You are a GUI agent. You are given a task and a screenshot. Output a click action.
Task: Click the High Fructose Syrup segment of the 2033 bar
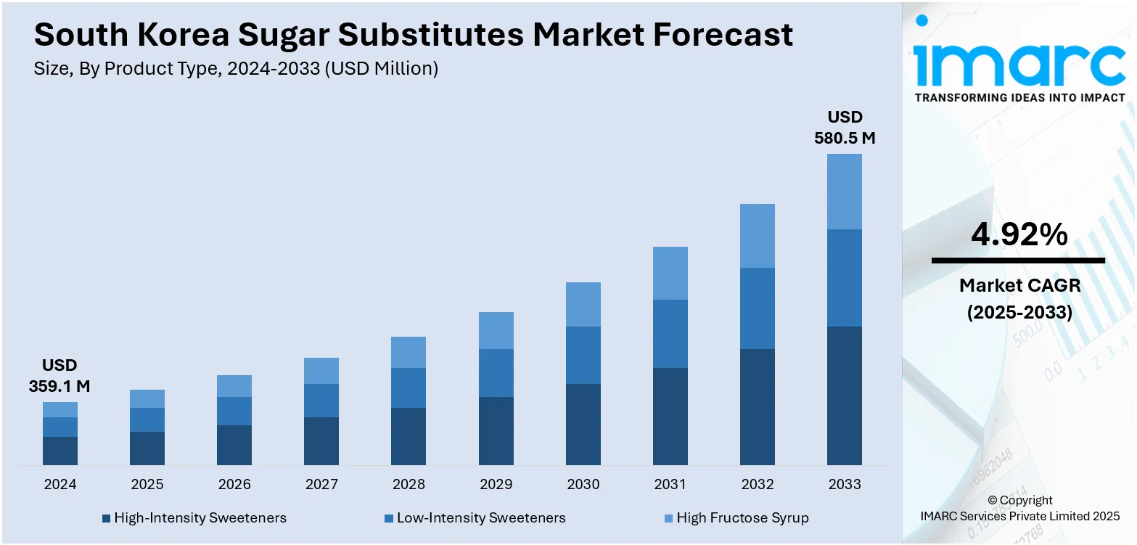point(845,192)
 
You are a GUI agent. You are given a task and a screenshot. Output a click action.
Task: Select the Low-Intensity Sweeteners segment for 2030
point(583,355)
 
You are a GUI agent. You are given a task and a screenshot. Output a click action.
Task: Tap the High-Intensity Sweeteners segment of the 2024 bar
point(60,451)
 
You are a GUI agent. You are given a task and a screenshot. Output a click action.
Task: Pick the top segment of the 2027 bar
point(321,371)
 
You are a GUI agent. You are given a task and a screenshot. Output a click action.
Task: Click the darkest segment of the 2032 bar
point(758,406)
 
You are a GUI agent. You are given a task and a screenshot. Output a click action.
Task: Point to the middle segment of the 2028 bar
point(409,388)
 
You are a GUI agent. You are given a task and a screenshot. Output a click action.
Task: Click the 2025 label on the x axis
point(147,485)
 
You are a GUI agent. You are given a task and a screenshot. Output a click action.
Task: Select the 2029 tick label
point(496,485)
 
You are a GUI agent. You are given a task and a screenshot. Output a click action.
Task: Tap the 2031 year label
point(670,485)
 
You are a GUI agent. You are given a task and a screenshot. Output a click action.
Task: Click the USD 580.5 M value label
point(845,128)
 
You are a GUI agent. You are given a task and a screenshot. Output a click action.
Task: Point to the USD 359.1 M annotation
point(59,376)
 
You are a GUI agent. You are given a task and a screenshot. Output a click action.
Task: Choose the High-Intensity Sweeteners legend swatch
point(106,518)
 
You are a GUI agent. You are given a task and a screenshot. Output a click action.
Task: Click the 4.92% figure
point(1019,235)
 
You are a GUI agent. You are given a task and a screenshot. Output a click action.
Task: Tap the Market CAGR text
point(1019,286)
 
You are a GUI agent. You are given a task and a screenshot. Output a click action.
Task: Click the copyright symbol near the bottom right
point(994,500)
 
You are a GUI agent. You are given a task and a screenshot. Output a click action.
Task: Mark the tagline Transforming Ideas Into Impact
point(1019,97)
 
